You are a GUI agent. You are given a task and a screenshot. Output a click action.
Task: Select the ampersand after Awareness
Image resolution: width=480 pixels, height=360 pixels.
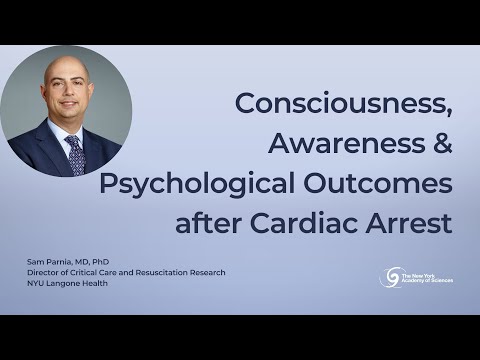[x=440, y=142]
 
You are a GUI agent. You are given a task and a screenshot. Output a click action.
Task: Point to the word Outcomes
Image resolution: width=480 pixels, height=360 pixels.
[x=386, y=182]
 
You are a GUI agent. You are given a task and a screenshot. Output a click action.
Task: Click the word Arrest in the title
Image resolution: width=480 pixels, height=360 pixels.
[x=415, y=222]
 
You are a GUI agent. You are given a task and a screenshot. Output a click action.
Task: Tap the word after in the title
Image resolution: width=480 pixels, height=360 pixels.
[x=208, y=222]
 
